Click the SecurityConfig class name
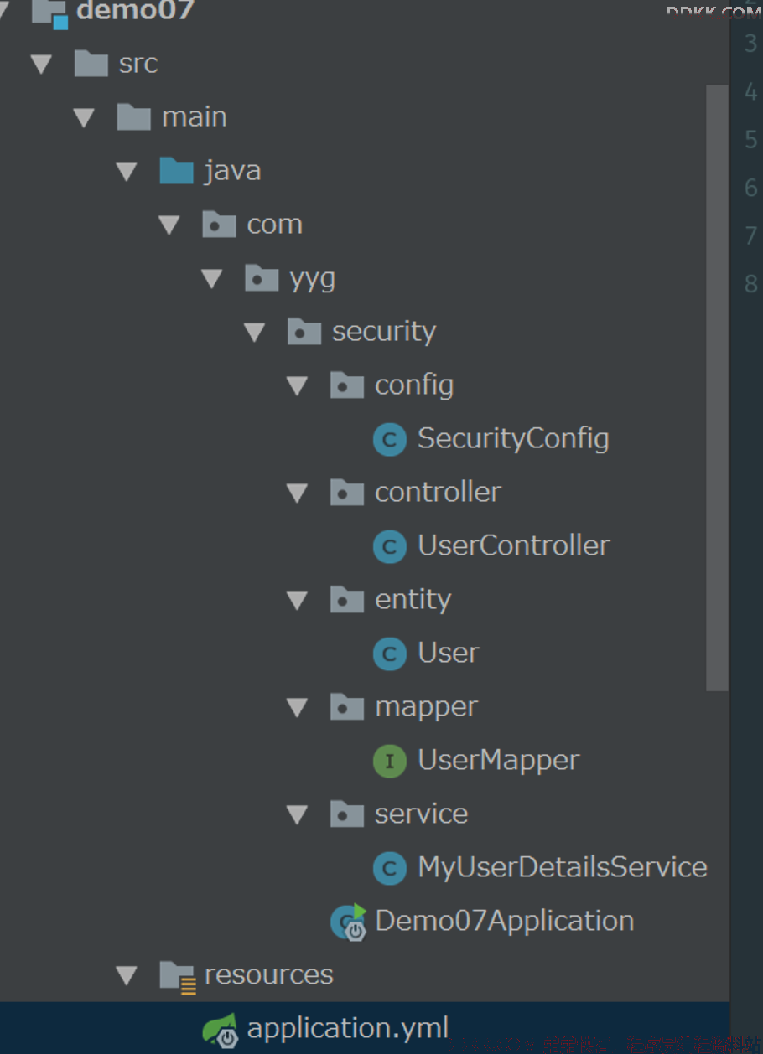click(x=513, y=438)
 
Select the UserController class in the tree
click(x=514, y=545)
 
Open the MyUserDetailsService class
click(x=563, y=867)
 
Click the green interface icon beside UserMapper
click(x=389, y=761)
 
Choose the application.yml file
click(x=348, y=1028)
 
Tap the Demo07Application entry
click(x=504, y=921)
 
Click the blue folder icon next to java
click(x=176, y=171)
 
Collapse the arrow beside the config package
click(x=297, y=385)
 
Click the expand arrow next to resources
click(x=127, y=975)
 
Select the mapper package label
click(x=426, y=706)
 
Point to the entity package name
click(x=413, y=599)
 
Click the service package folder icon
click(x=347, y=814)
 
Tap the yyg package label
click(x=313, y=278)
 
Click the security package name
click(x=384, y=332)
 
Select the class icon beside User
click(x=389, y=654)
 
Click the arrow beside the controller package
click(x=297, y=493)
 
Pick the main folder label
click(x=195, y=117)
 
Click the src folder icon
click(x=91, y=64)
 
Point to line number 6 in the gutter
click(x=750, y=188)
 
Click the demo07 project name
click(x=135, y=11)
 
